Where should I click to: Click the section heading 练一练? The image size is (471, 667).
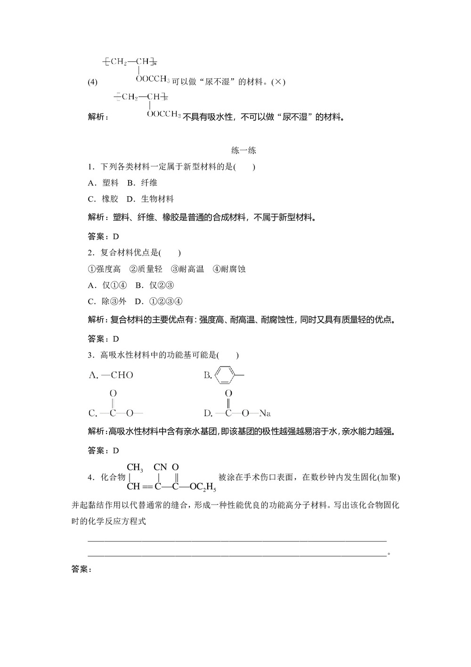pyautogui.click(x=244, y=151)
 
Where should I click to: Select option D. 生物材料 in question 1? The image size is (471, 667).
pyautogui.click(x=150, y=199)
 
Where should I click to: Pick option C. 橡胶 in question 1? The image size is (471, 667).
pyautogui.click(x=103, y=199)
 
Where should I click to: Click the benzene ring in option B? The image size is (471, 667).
pyautogui.click(x=225, y=375)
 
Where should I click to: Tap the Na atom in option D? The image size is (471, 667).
pyautogui.click(x=265, y=414)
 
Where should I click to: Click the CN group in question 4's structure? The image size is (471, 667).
pyautogui.click(x=160, y=467)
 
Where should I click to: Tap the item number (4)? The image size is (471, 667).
pyautogui.click(x=92, y=82)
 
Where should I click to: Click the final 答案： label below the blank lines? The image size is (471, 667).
pyautogui.click(x=81, y=569)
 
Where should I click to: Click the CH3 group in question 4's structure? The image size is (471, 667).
pyautogui.click(x=135, y=467)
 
